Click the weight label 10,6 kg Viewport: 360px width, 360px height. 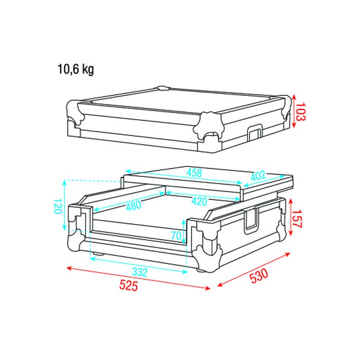(76, 70)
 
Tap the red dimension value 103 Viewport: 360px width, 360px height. (301, 111)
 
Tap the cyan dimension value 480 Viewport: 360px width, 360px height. (134, 205)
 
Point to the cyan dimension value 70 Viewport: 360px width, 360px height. (176, 235)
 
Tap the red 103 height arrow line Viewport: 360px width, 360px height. (294, 110)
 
